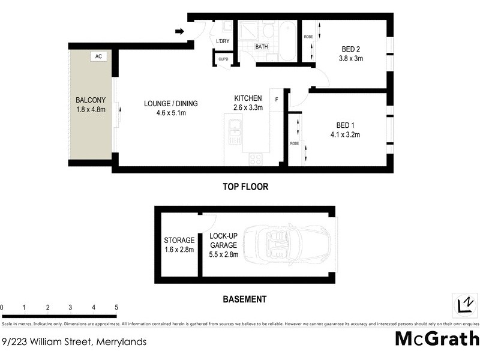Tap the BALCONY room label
click(x=90, y=100)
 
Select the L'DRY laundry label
click(x=223, y=41)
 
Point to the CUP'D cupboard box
click(x=223, y=59)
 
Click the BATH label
click(x=262, y=46)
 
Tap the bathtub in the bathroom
click(x=287, y=41)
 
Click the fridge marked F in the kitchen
click(x=277, y=99)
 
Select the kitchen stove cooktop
click(x=255, y=159)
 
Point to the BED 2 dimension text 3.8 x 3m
click(x=351, y=59)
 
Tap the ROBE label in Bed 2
click(x=308, y=37)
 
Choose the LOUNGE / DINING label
click(x=170, y=103)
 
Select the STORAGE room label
click(x=179, y=241)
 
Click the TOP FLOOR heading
click(x=246, y=187)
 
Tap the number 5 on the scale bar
click(x=116, y=308)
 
